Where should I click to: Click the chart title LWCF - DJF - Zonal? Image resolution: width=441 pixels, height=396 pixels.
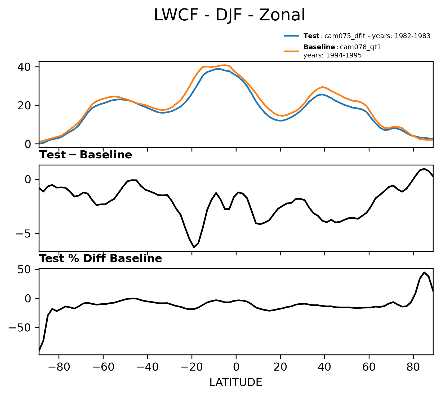coord(229,15)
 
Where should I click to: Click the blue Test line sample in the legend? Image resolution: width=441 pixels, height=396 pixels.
coord(292,36)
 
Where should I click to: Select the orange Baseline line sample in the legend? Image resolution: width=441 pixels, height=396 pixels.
coord(292,51)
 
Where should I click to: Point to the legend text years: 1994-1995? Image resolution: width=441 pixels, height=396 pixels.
coord(332,56)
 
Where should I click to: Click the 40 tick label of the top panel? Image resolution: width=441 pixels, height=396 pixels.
coord(24,67)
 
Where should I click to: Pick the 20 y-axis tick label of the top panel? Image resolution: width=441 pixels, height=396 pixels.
coord(24,105)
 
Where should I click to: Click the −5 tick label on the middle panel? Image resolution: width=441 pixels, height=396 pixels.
coord(24,234)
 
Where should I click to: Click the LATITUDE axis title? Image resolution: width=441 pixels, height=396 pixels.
coord(236,382)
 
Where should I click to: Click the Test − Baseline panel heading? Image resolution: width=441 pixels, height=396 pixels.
coord(86,155)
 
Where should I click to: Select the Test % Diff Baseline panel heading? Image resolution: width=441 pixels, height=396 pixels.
coord(101,259)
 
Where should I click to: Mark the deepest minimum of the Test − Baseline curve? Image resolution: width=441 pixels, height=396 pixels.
coord(194,247)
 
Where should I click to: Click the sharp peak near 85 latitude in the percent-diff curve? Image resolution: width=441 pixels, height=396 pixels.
coord(424,272)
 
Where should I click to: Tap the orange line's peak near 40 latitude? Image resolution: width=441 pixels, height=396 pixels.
coord(322,87)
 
